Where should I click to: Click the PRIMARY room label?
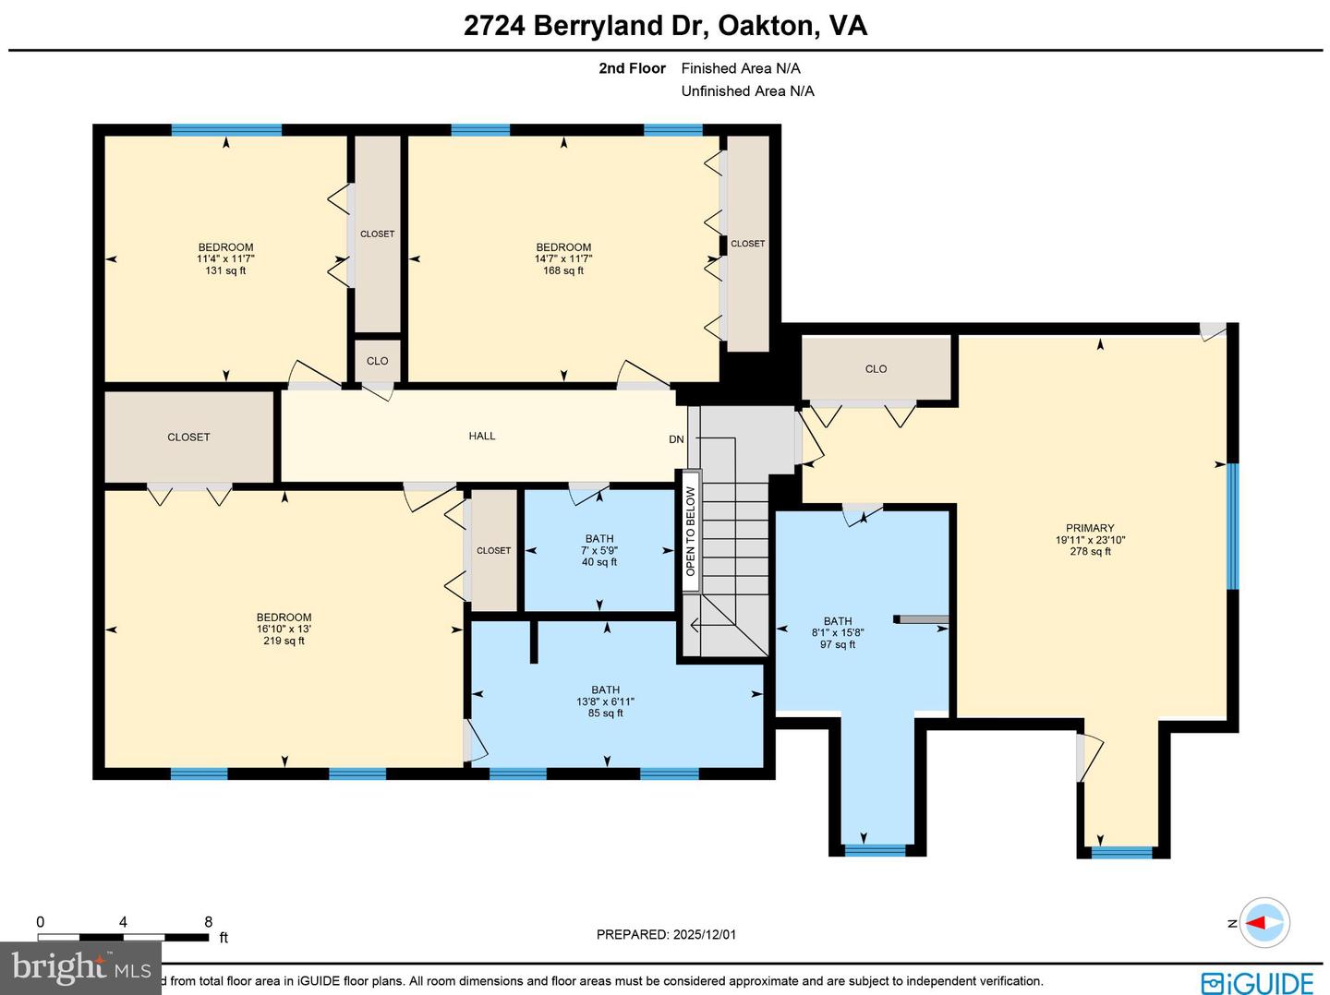(x=1090, y=528)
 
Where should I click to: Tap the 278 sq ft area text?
(x=1090, y=552)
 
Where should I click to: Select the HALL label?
(x=481, y=436)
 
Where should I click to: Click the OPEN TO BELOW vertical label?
(x=690, y=531)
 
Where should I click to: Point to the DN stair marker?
(x=676, y=439)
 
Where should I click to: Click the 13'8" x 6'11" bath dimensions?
(x=605, y=701)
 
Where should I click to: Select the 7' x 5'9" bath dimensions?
(x=598, y=550)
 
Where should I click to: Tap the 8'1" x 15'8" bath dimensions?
(x=837, y=633)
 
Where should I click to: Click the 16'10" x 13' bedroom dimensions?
(x=284, y=629)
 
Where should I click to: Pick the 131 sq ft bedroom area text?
(x=225, y=270)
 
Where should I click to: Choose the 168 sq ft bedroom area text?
(x=563, y=270)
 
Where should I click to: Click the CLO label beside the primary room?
(x=876, y=368)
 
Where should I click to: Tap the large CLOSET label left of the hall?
(x=188, y=437)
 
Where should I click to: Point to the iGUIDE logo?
(x=1257, y=982)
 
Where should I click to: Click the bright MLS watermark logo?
(x=81, y=966)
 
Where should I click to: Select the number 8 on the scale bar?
(x=208, y=921)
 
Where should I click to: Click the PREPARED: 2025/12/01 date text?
(x=666, y=934)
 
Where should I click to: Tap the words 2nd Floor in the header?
(x=632, y=68)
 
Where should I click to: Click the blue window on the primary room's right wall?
(x=1231, y=526)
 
